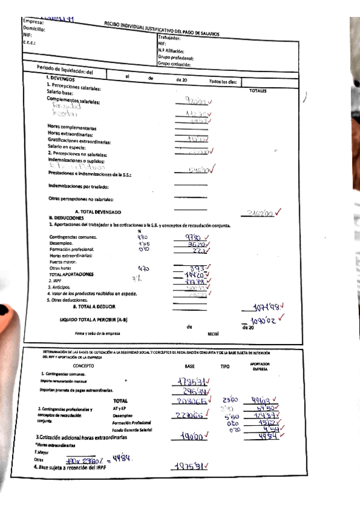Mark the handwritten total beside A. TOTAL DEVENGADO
click(x=264, y=212)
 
